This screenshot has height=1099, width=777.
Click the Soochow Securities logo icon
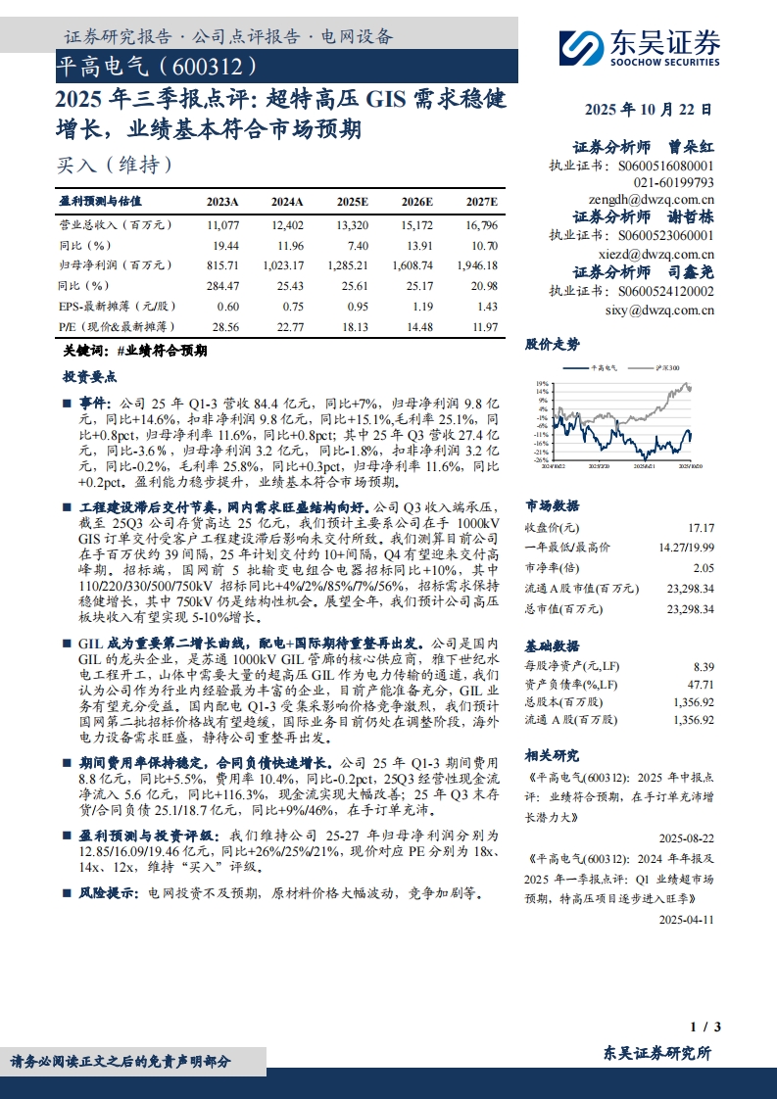[580, 47]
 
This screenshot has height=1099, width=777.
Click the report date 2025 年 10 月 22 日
[649, 111]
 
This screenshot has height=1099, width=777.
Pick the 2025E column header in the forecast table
[352, 202]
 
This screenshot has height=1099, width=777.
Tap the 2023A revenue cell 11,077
[223, 224]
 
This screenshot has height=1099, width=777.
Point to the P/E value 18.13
[355, 325]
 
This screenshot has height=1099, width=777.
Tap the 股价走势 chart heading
[553, 344]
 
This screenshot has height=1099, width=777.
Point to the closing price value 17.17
[702, 527]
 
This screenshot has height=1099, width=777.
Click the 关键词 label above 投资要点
[80, 350]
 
